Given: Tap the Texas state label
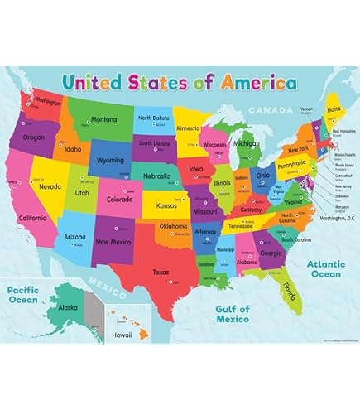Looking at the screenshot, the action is tap(161, 272).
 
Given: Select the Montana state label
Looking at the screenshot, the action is tap(103, 119).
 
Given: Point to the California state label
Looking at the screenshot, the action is tap(33, 218).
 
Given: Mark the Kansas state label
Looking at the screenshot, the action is tap(167, 204).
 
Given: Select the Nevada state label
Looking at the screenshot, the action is tap(50, 186).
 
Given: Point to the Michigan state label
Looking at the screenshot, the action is tap(246, 142).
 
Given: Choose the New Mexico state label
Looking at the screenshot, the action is tap(113, 242).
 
